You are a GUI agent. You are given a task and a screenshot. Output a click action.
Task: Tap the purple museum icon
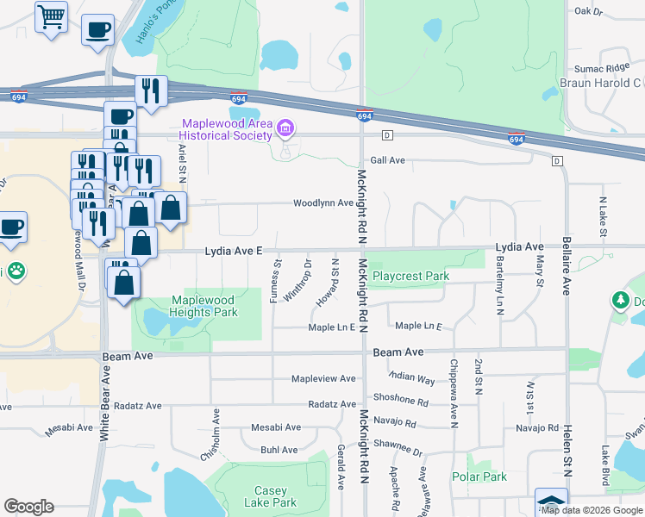tap(285, 130)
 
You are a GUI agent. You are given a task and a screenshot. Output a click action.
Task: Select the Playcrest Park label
tap(411, 276)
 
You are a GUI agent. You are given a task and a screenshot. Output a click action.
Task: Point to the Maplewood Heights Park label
tap(204, 306)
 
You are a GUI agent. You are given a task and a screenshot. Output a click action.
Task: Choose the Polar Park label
tap(479, 477)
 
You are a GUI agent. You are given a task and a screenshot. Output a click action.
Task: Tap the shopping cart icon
tap(51, 16)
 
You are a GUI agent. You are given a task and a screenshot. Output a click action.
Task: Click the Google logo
tap(28, 507)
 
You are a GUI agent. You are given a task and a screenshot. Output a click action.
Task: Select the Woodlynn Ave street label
tap(323, 203)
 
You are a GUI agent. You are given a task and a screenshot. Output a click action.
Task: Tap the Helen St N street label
tap(568, 447)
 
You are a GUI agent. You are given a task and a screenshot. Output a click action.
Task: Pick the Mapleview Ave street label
tap(323, 378)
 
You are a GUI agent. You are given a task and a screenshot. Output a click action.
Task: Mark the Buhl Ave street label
tap(279, 450)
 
